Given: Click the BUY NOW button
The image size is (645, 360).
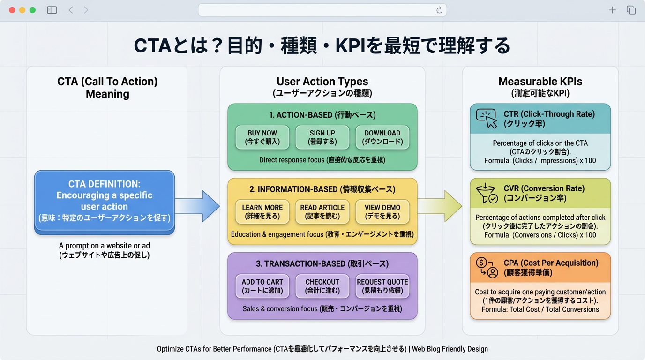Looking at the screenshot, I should [x=262, y=137].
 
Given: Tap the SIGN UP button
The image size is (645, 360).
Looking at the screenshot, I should [x=322, y=137].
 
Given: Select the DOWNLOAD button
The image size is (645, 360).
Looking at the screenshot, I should [x=382, y=137].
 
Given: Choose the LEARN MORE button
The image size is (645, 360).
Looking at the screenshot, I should [x=262, y=212].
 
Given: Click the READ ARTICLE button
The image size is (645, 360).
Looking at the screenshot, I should [x=322, y=212].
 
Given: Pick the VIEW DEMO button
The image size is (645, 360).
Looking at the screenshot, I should [x=382, y=212].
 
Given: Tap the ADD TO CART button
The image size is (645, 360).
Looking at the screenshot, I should [x=262, y=286].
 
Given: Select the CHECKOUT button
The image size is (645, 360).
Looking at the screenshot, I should [x=322, y=286].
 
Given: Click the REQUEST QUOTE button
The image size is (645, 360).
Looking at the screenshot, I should [x=382, y=286].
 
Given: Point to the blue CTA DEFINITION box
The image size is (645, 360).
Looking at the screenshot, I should [x=105, y=201].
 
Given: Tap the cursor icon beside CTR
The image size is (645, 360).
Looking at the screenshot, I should [x=486, y=119].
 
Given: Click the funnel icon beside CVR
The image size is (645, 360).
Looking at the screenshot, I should [x=486, y=193].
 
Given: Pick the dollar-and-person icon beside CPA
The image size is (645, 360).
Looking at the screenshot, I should [x=486, y=268].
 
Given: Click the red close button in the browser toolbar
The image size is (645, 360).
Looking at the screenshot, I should [x=12, y=10].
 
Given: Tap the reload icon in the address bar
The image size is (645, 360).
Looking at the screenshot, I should [x=439, y=10].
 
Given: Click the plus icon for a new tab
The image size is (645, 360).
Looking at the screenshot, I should [x=612, y=10].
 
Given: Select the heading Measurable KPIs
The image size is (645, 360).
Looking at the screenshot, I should [x=540, y=82].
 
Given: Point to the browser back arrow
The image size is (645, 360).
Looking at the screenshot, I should [x=71, y=10].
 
